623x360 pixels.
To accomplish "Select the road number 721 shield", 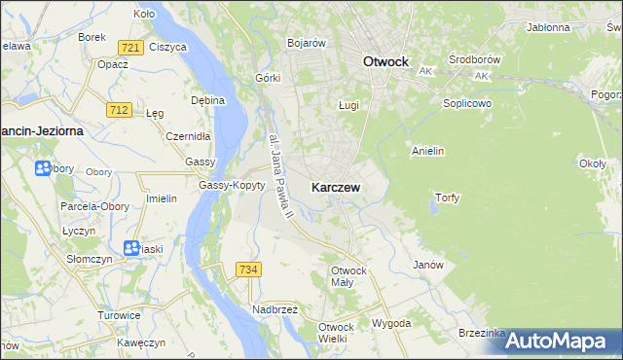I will [x=129, y=47].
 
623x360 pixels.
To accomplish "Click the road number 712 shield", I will [x=120, y=110].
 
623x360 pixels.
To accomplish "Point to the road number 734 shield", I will [x=248, y=268].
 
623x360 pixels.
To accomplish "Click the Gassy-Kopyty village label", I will [x=232, y=185].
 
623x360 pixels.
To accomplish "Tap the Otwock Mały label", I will [x=348, y=275].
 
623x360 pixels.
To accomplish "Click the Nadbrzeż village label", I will [x=275, y=308].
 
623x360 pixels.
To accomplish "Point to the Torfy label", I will [x=446, y=198].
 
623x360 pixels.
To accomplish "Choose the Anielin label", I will [x=428, y=151].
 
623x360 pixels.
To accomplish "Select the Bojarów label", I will [x=306, y=43].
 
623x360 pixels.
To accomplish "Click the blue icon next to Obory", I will [x=43, y=169].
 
